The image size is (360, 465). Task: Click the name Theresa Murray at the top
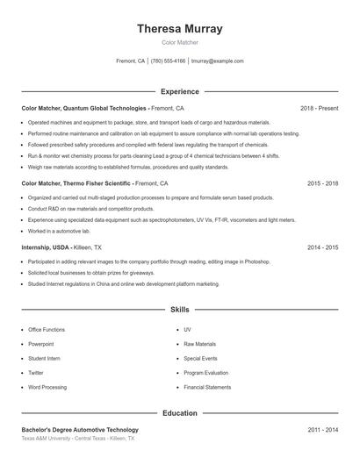point(180,29)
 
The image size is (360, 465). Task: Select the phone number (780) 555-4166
point(169,61)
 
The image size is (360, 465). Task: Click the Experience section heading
point(180,91)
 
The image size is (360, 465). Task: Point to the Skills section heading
point(180,310)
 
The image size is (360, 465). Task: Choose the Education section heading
point(180,412)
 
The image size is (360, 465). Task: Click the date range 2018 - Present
point(319,108)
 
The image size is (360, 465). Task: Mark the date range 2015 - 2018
point(322,184)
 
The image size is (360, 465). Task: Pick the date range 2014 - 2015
point(322,248)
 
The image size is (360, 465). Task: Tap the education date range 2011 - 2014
point(322,430)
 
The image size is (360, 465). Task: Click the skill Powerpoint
point(41,344)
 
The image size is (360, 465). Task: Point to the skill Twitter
point(36,372)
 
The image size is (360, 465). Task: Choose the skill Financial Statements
point(207,387)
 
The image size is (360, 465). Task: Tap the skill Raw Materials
point(199,344)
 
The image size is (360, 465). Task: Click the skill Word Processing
point(47,387)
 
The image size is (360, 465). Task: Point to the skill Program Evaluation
point(206,372)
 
